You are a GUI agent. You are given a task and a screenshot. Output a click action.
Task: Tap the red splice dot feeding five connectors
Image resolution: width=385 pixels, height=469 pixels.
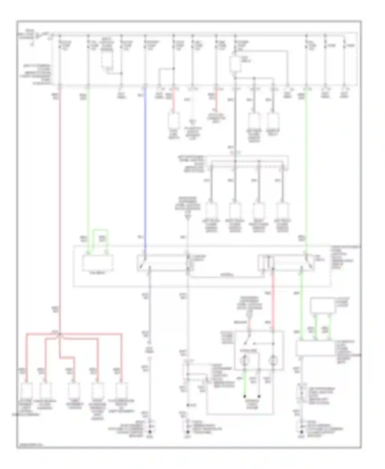[60, 334]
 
